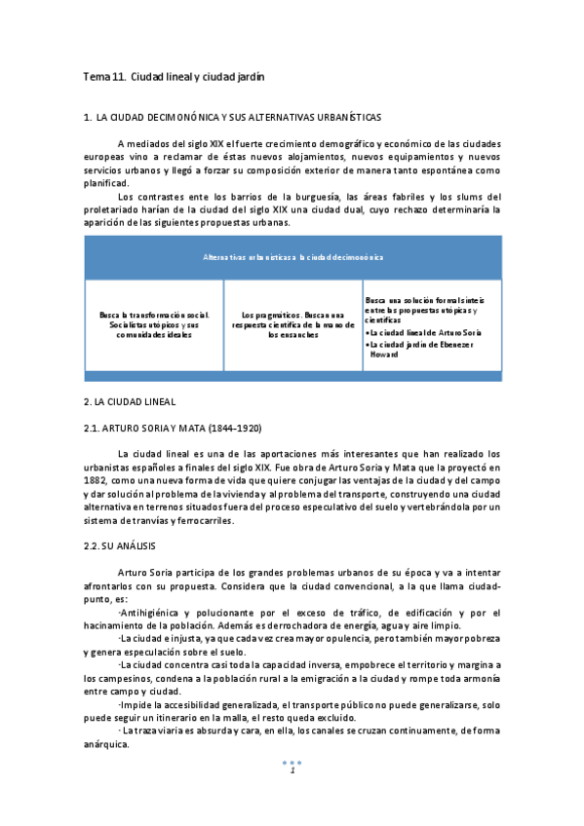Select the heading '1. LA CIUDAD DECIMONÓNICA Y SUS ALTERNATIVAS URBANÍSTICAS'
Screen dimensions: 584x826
point(234,118)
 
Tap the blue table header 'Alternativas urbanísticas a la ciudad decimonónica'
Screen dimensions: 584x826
point(292,257)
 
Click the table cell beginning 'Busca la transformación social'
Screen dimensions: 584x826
point(154,324)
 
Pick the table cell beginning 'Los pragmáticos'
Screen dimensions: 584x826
point(292,324)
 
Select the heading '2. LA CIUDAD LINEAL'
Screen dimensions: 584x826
point(129,401)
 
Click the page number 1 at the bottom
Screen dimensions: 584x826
point(292,772)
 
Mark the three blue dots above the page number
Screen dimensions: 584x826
point(292,762)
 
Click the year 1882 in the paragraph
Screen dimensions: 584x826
point(97,480)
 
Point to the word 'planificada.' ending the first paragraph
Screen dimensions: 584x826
point(106,183)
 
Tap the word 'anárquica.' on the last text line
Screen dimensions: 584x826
point(106,744)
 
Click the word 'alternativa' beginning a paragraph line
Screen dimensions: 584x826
point(109,507)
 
